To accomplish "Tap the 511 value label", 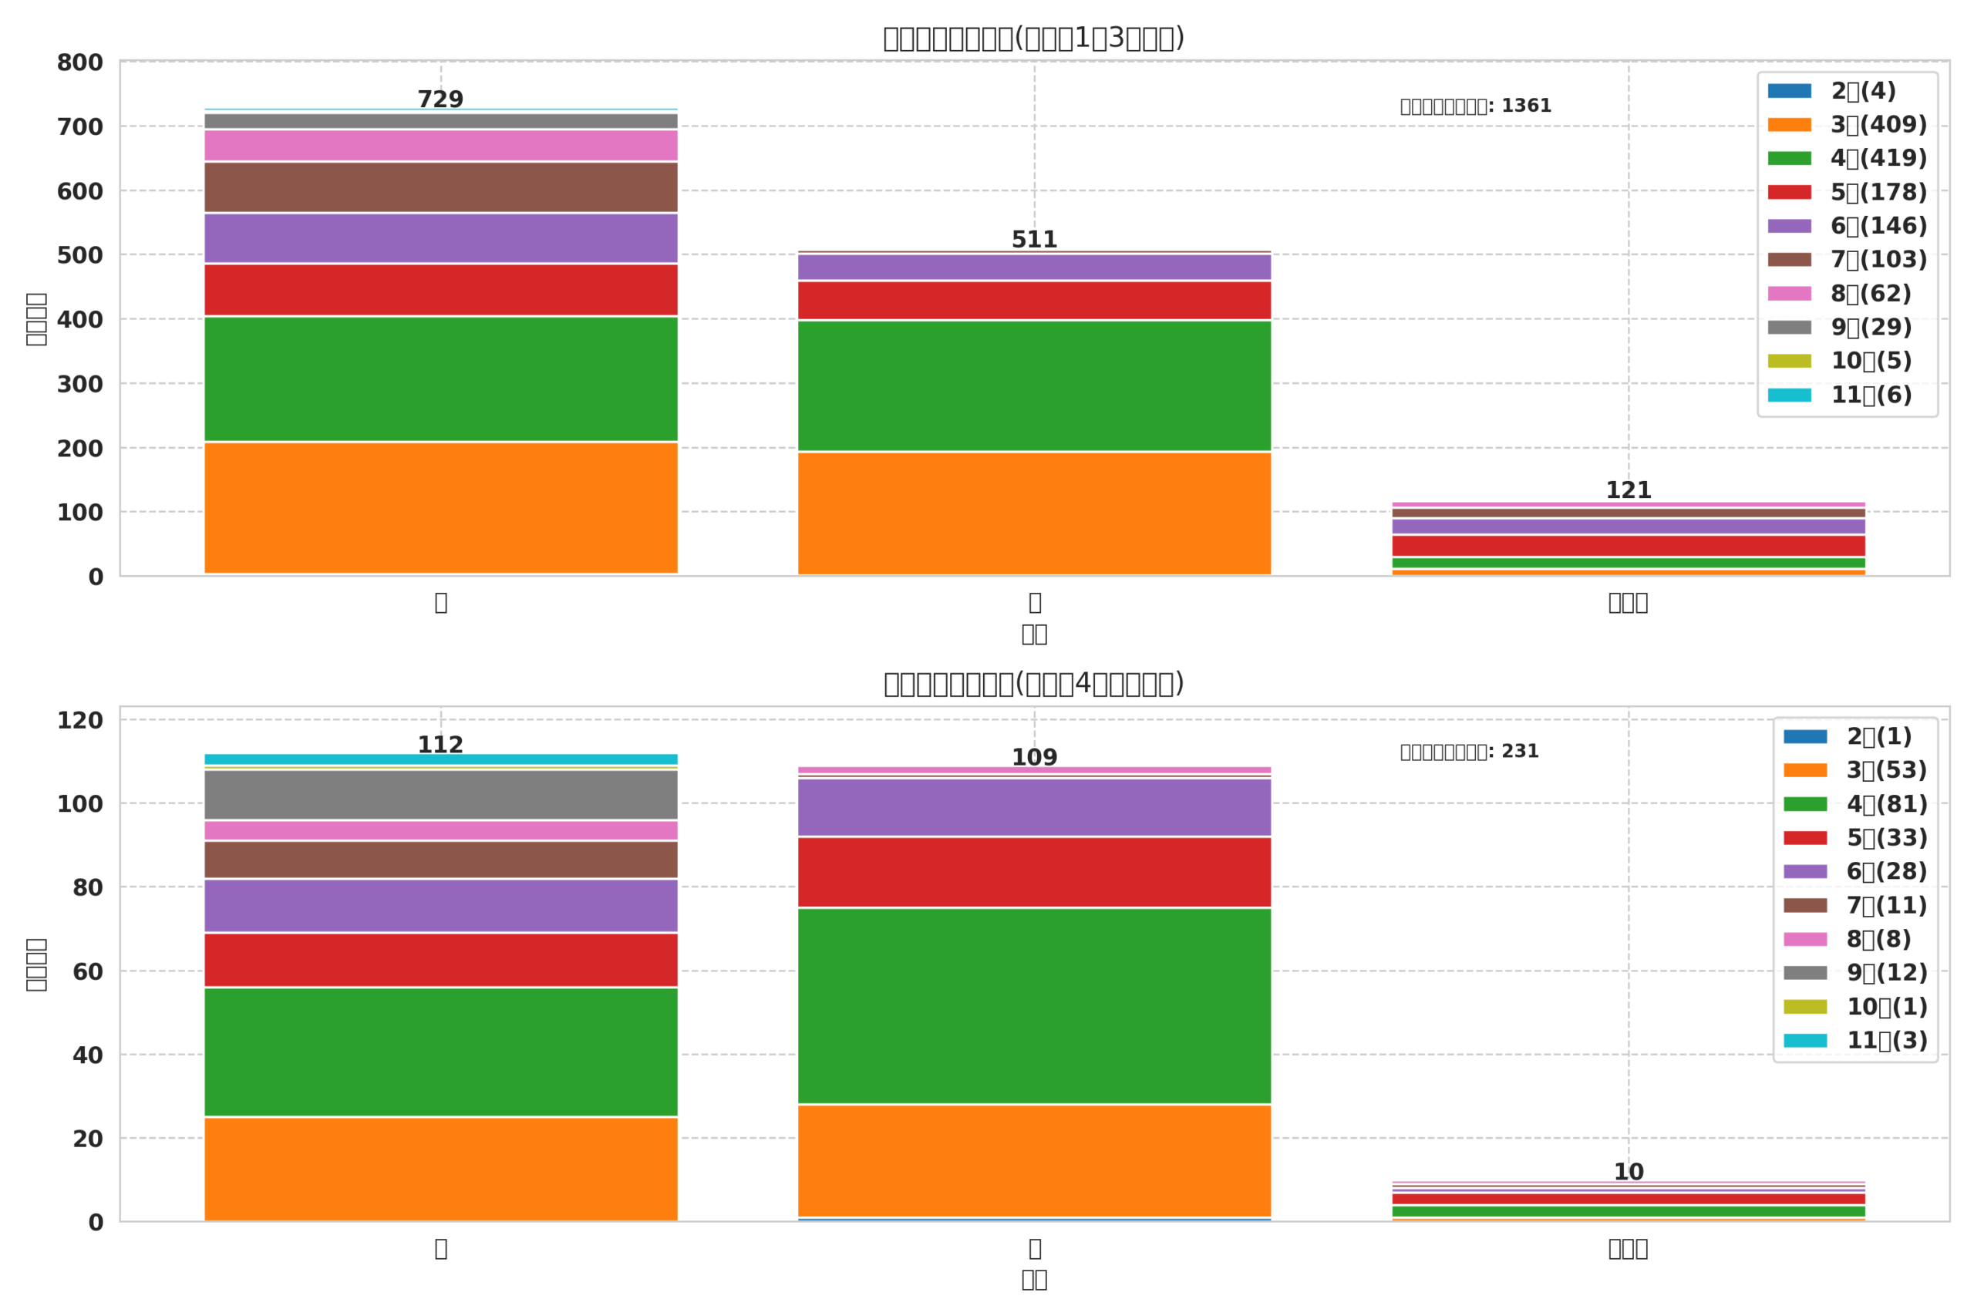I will (x=1034, y=239).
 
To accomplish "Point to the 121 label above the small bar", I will (x=1629, y=490).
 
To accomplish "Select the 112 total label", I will (x=440, y=745).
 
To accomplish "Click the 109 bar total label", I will (x=1034, y=757).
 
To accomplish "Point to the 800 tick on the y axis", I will (x=79, y=63).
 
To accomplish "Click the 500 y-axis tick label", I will (x=79, y=255).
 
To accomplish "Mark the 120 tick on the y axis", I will (x=79, y=720).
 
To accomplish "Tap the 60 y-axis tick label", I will (x=87, y=972).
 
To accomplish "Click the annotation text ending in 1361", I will (x=1475, y=106).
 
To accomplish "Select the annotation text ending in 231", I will (x=1469, y=751).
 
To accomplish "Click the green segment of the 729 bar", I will (x=440, y=379).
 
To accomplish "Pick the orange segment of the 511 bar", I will (x=1034, y=513).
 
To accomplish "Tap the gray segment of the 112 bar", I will (x=440, y=794).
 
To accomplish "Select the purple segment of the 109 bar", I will (x=1034, y=806).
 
